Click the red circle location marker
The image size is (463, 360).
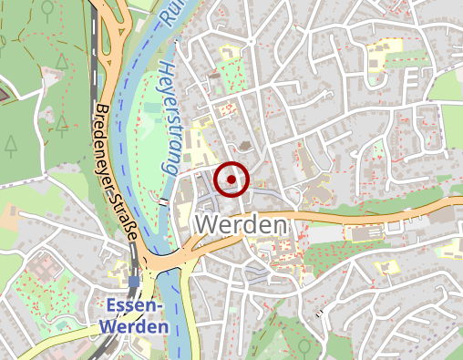pos(231,180)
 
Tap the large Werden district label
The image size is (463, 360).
pos(242,224)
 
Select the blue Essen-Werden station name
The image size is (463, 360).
pos(136,315)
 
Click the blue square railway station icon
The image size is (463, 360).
pos(134,282)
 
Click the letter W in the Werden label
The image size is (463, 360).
pos(208,224)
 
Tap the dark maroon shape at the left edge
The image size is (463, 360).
pos(5,91)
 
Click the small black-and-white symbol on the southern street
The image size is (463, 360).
pos(320,314)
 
